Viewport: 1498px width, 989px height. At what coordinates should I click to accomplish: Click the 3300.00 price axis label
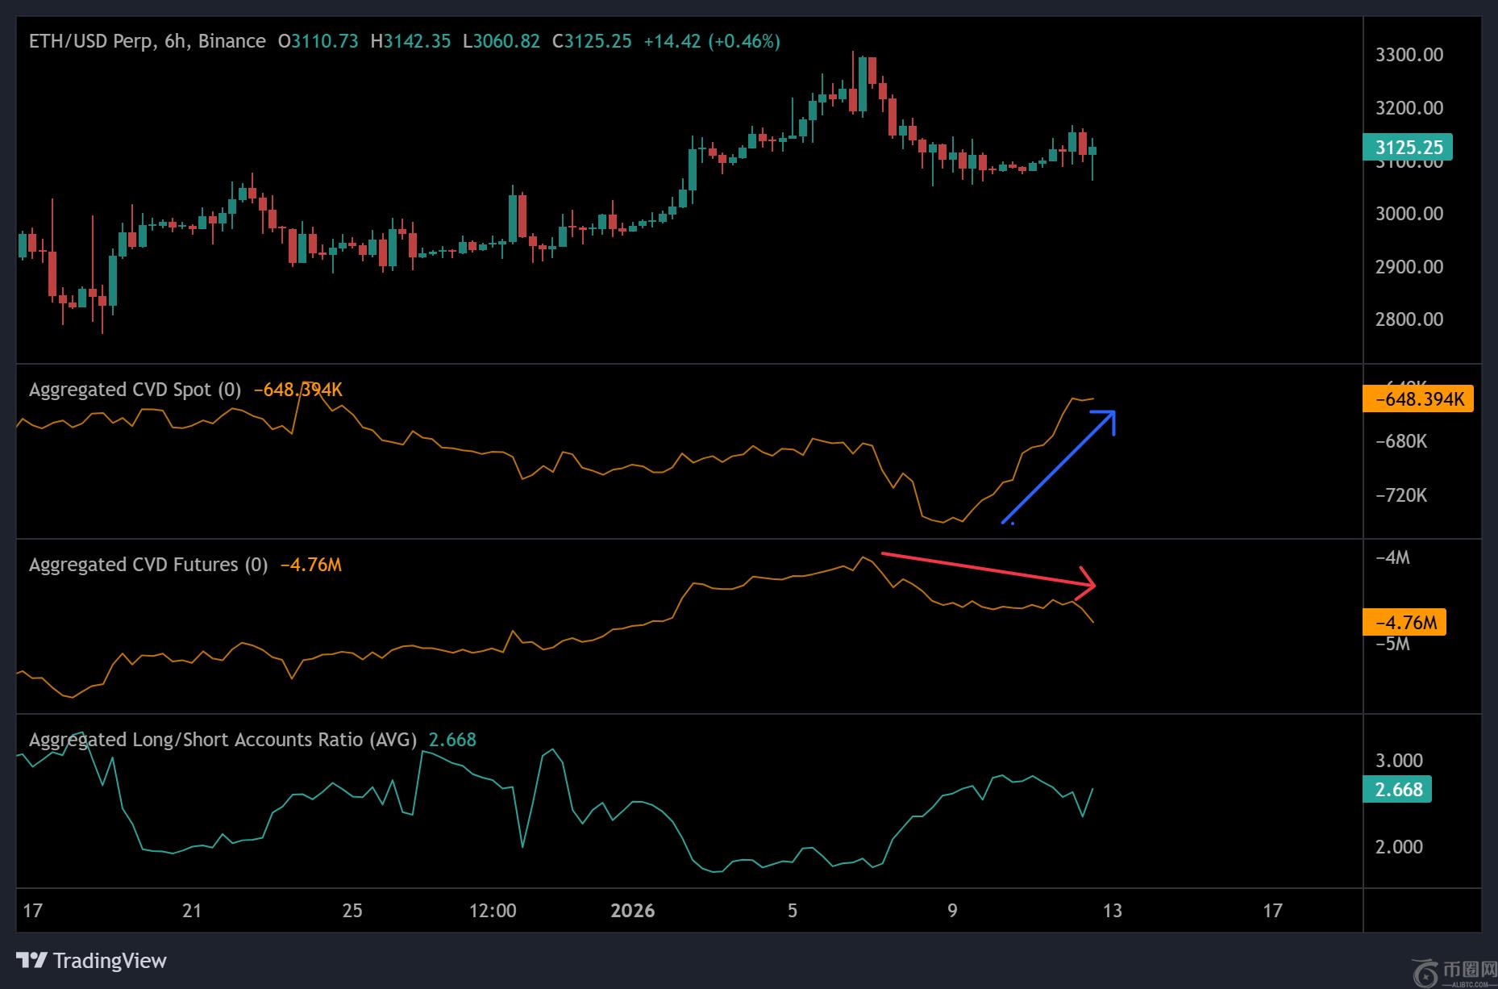pos(1409,55)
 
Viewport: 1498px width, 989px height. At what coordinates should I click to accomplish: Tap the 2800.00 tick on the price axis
pos(1409,319)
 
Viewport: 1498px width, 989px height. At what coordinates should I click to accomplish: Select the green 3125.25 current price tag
pos(1407,148)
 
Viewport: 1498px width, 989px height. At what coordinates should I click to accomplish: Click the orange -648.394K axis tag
pos(1417,399)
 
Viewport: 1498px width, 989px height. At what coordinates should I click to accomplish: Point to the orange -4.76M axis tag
pos(1404,623)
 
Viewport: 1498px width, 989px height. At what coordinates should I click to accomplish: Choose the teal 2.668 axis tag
pos(1397,789)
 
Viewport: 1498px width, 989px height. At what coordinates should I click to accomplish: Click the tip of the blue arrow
pos(1113,413)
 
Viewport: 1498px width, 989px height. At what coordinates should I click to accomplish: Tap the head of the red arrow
pos(1092,585)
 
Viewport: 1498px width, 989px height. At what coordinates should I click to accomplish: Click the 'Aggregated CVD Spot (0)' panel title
pos(135,390)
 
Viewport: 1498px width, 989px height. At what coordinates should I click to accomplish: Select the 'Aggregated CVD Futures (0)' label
pos(148,565)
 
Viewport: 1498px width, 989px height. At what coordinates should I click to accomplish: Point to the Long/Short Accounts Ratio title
pos(223,740)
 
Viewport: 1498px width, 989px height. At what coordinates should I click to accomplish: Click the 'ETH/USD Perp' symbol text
pos(90,41)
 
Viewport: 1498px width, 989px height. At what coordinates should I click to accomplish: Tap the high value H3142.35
pos(410,41)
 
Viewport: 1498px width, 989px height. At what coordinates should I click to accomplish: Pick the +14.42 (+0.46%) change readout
pos(711,41)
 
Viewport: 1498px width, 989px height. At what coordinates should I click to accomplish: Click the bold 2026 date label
pos(632,911)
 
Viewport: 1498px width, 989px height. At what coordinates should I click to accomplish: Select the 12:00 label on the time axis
pos(493,911)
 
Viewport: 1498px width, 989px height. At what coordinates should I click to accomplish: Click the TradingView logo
pos(92,961)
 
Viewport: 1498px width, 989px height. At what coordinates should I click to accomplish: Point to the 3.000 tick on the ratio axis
pos(1399,761)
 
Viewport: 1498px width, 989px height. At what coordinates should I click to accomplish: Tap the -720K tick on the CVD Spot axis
pos(1400,495)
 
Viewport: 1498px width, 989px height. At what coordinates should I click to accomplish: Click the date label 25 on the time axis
pos(352,911)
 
